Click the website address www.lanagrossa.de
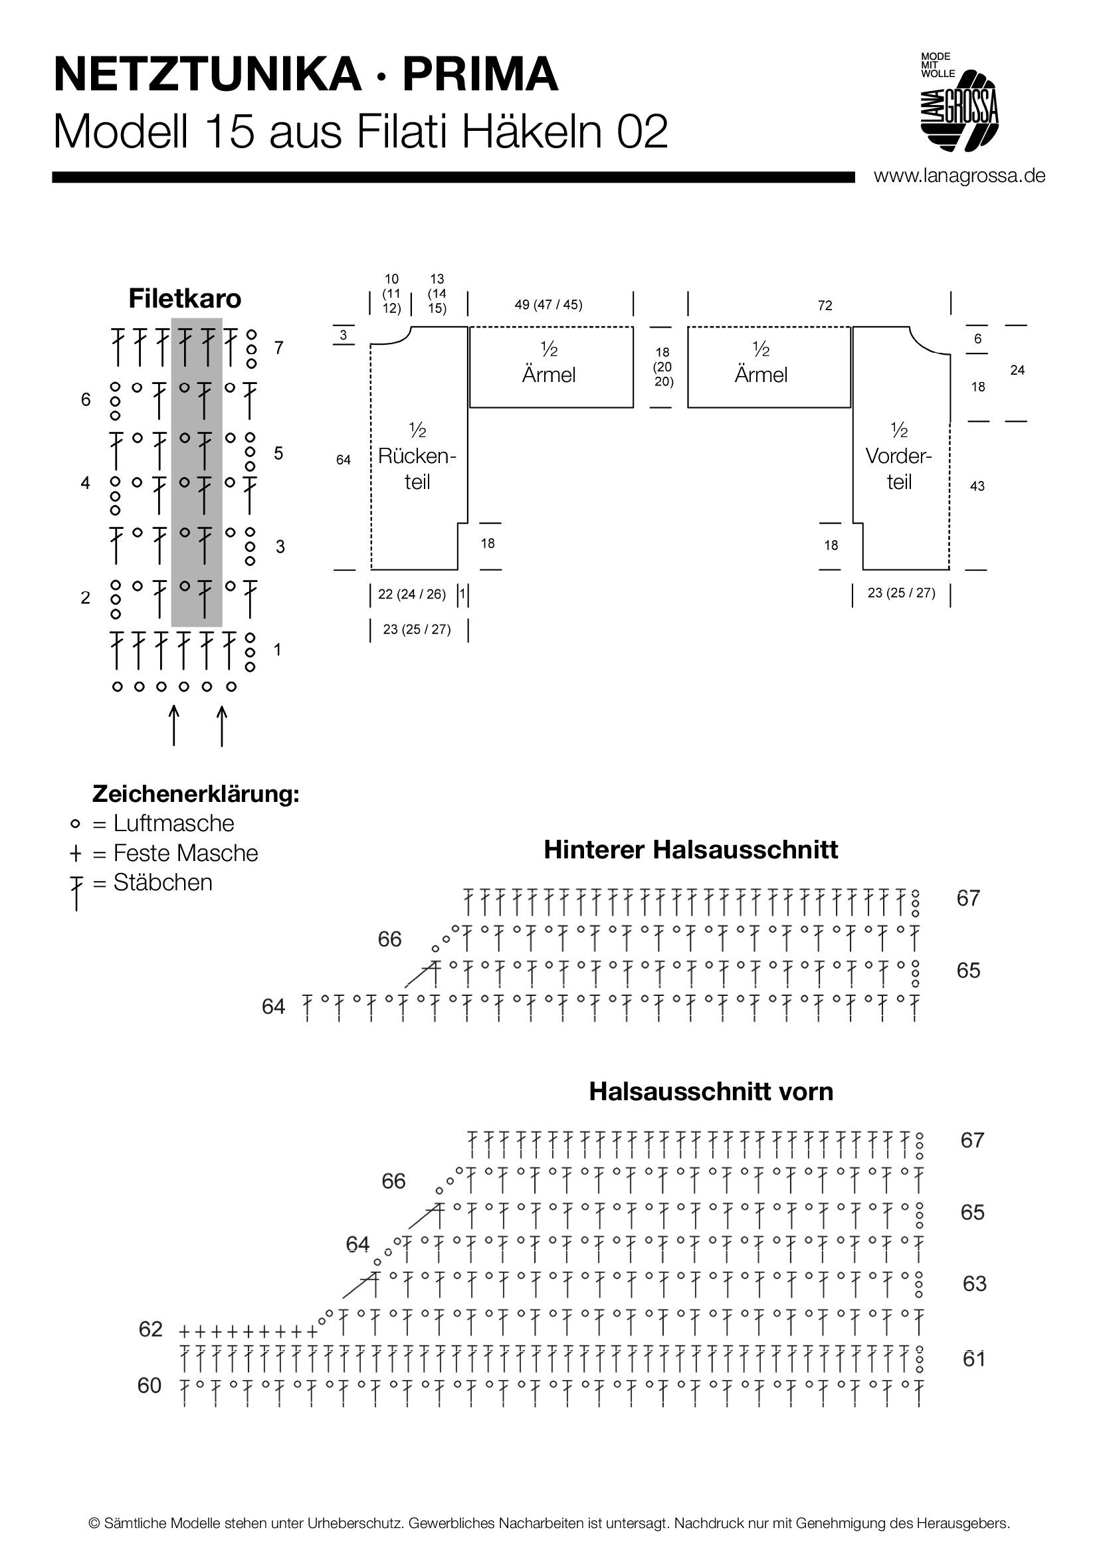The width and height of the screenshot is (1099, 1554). [959, 176]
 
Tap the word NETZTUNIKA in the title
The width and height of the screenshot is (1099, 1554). [207, 75]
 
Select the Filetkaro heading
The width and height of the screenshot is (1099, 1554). [185, 298]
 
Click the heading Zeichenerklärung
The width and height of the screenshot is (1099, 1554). [195, 793]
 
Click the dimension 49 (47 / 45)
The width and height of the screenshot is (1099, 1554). [548, 304]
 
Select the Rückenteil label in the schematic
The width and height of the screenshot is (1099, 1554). [417, 456]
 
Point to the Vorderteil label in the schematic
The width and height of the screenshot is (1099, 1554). [899, 456]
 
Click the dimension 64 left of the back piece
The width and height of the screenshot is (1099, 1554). [344, 460]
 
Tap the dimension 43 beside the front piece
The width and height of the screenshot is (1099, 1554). [977, 486]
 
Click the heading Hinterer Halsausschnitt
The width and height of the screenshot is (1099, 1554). [690, 850]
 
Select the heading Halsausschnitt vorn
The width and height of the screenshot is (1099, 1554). [710, 1091]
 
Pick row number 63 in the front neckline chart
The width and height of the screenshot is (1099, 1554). [975, 1284]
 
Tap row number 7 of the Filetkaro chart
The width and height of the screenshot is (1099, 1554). [279, 348]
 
